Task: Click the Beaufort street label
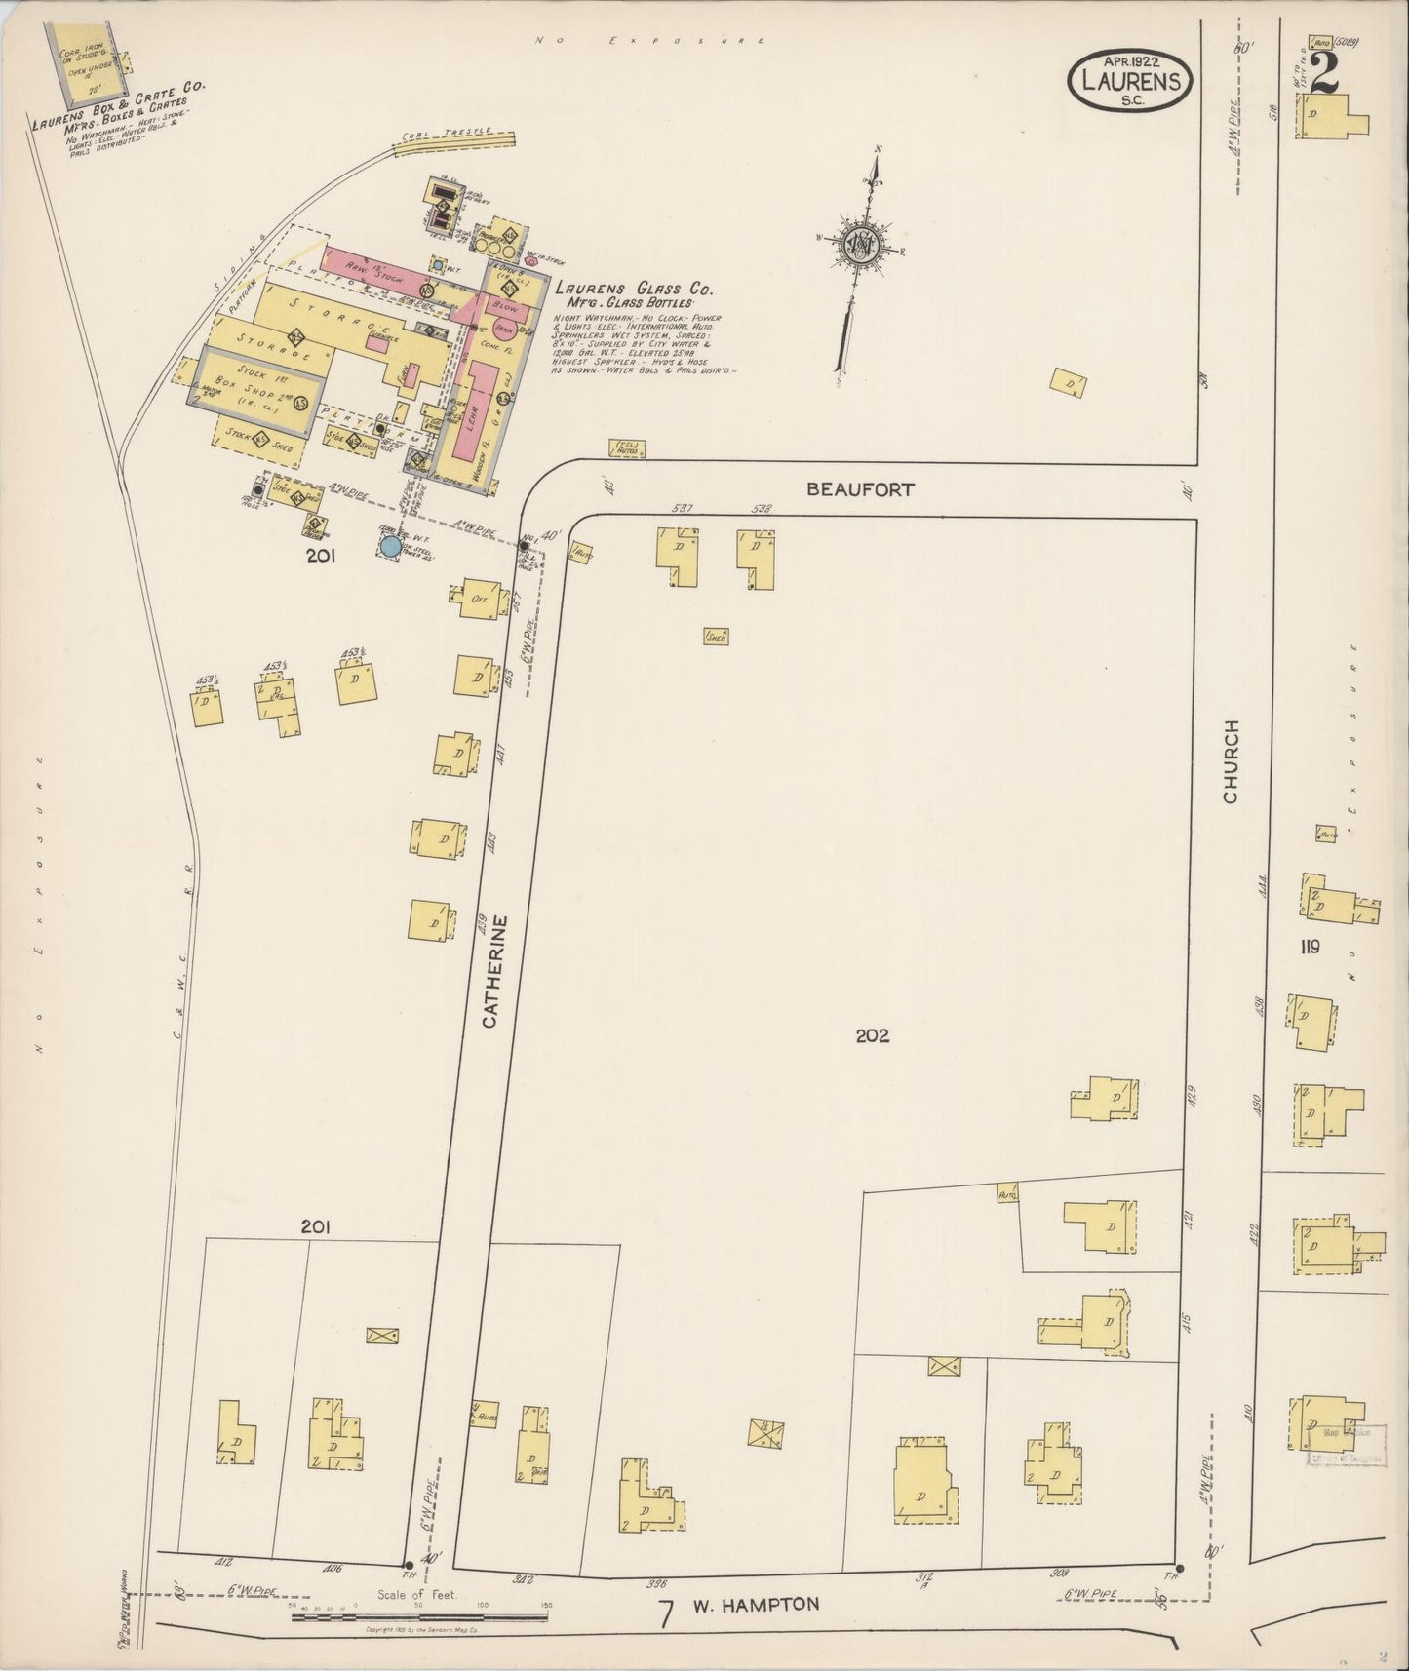(860, 489)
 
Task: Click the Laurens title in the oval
(1130, 82)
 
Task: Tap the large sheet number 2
(1323, 73)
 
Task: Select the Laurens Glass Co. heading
(632, 290)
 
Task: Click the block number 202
(872, 1036)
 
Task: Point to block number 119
(1309, 946)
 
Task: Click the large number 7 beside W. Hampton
(665, 1613)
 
